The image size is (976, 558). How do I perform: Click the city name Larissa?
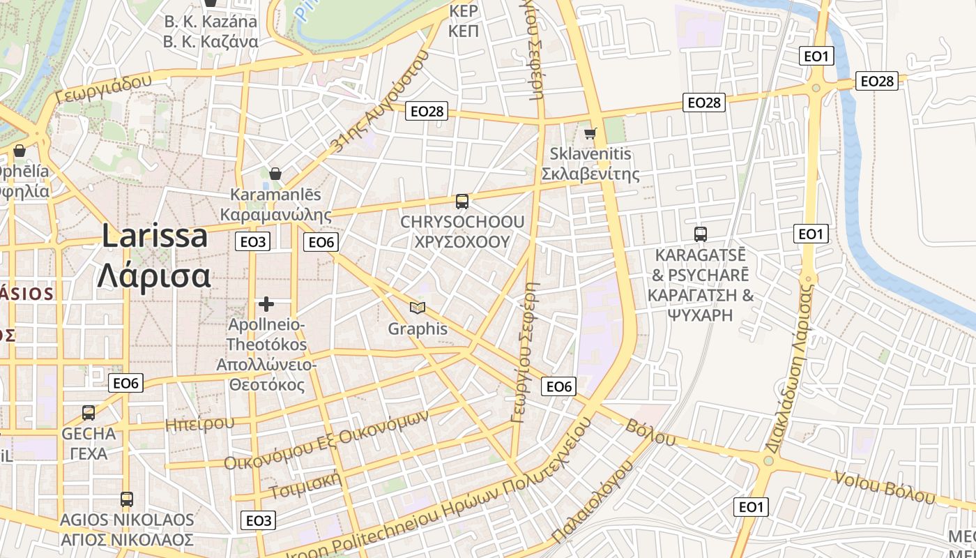(x=155, y=236)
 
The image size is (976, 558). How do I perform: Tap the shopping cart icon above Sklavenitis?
(x=590, y=133)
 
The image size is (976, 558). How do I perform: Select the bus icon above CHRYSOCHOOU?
(x=462, y=202)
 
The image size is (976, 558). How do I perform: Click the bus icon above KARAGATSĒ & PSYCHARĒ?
(x=701, y=234)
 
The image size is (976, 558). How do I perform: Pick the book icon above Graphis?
(x=417, y=308)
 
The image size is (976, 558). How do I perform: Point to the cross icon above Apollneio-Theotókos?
(x=266, y=304)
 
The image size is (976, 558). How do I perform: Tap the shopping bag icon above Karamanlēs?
(x=275, y=173)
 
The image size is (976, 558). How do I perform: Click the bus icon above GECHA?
(x=89, y=412)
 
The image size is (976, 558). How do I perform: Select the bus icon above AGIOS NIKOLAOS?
(x=126, y=499)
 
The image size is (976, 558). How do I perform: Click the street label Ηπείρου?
(x=200, y=423)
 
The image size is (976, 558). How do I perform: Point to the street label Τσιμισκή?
(x=305, y=485)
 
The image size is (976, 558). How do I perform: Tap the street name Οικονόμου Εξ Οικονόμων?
(x=325, y=439)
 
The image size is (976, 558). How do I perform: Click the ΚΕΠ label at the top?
(x=463, y=31)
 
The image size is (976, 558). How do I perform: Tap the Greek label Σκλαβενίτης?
(x=590, y=174)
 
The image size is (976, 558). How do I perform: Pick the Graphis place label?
(x=417, y=329)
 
